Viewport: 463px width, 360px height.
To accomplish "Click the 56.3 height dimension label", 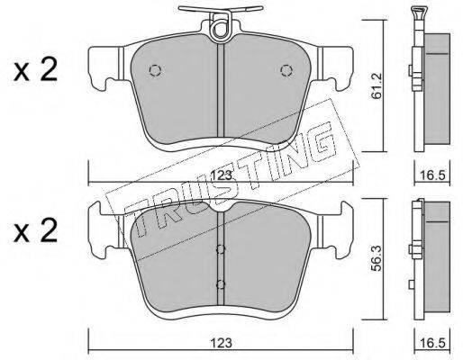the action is tap(376, 258).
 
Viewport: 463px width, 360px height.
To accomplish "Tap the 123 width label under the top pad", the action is tap(222, 175).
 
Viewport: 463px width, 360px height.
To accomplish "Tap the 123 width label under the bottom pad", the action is tap(222, 343).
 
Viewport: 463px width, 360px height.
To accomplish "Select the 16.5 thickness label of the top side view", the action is tap(432, 175).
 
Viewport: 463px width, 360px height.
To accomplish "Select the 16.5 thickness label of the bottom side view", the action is tap(432, 343).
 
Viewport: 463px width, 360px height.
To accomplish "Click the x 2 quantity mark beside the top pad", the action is tap(35, 70).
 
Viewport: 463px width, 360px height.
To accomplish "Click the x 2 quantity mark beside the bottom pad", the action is tap(35, 231).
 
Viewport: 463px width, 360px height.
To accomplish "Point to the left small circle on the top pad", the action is tap(155, 70).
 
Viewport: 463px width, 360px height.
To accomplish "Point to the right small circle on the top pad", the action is tap(286, 70).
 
